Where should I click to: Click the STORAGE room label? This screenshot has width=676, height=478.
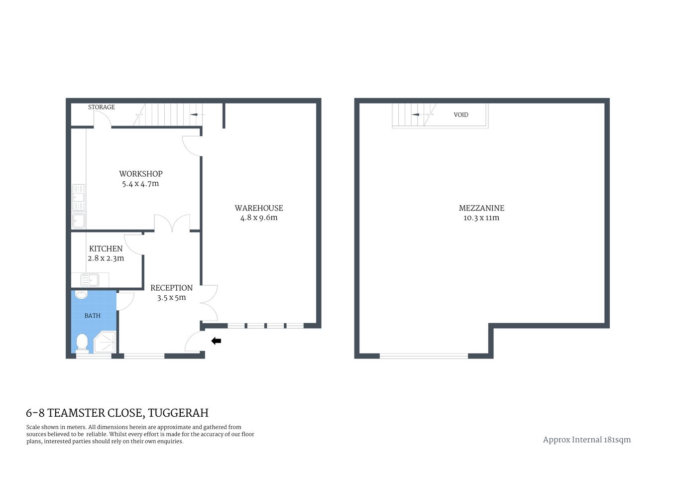click(102, 107)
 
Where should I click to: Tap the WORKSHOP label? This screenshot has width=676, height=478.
click(141, 174)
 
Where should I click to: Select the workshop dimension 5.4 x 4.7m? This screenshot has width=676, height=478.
click(140, 184)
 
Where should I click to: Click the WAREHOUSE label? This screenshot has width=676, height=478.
click(259, 208)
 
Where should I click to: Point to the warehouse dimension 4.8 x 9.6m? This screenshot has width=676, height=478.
click(259, 218)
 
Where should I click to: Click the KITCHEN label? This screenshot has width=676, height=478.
click(106, 248)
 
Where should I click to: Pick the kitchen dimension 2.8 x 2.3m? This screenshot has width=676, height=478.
click(106, 258)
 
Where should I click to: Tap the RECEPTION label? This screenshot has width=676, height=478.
click(171, 288)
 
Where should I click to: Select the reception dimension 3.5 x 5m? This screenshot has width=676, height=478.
click(171, 298)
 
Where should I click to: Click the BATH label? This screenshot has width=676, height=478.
click(93, 316)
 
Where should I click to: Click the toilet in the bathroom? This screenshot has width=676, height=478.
click(82, 344)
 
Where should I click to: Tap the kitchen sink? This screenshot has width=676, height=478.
click(90, 280)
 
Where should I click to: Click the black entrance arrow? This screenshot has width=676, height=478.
click(216, 341)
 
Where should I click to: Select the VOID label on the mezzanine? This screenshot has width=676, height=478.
click(461, 115)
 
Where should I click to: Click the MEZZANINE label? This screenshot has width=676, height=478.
click(481, 208)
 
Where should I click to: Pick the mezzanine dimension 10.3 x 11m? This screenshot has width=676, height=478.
click(481, 218)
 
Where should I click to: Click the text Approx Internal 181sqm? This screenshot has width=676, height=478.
click(586, 440)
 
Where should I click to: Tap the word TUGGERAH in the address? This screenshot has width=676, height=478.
click(178, 413)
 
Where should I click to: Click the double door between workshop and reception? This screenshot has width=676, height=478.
click(172, 224)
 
